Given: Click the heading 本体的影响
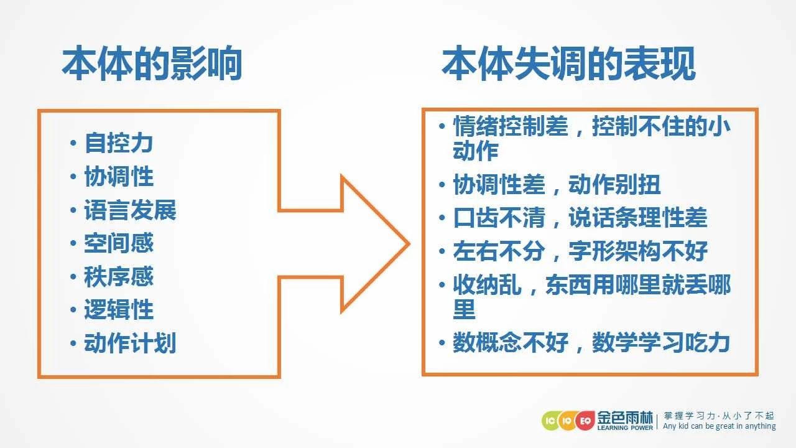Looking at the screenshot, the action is pos(152,63).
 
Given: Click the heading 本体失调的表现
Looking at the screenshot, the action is pos(568,63).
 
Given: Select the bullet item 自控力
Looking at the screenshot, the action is pos(119,143).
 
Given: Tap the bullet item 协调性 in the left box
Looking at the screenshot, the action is pos(119,176).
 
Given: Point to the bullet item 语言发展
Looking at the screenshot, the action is pos(130,210).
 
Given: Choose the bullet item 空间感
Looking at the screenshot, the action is pos(119,243).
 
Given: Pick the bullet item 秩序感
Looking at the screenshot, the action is pos(119,276).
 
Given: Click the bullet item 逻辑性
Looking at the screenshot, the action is pos(119,309).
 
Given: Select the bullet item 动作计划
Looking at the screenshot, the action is pos(130,343).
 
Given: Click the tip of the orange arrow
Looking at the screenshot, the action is pos(409,244).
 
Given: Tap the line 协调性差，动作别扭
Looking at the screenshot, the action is pos(557,184).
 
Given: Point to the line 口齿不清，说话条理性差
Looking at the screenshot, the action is pos(580,217).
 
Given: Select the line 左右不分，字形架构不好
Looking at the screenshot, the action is pos(580,251).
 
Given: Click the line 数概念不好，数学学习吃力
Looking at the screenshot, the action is pos(591,342).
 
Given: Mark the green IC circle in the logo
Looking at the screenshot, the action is pos(550,421).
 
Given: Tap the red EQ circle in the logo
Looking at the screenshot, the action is pos(585,421).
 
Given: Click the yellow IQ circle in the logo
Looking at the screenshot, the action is pos(567,421).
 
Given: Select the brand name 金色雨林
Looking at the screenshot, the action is pos(625,417).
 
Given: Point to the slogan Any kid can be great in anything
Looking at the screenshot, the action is pos(720,426).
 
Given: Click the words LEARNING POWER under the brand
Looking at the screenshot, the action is pos(625,427).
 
